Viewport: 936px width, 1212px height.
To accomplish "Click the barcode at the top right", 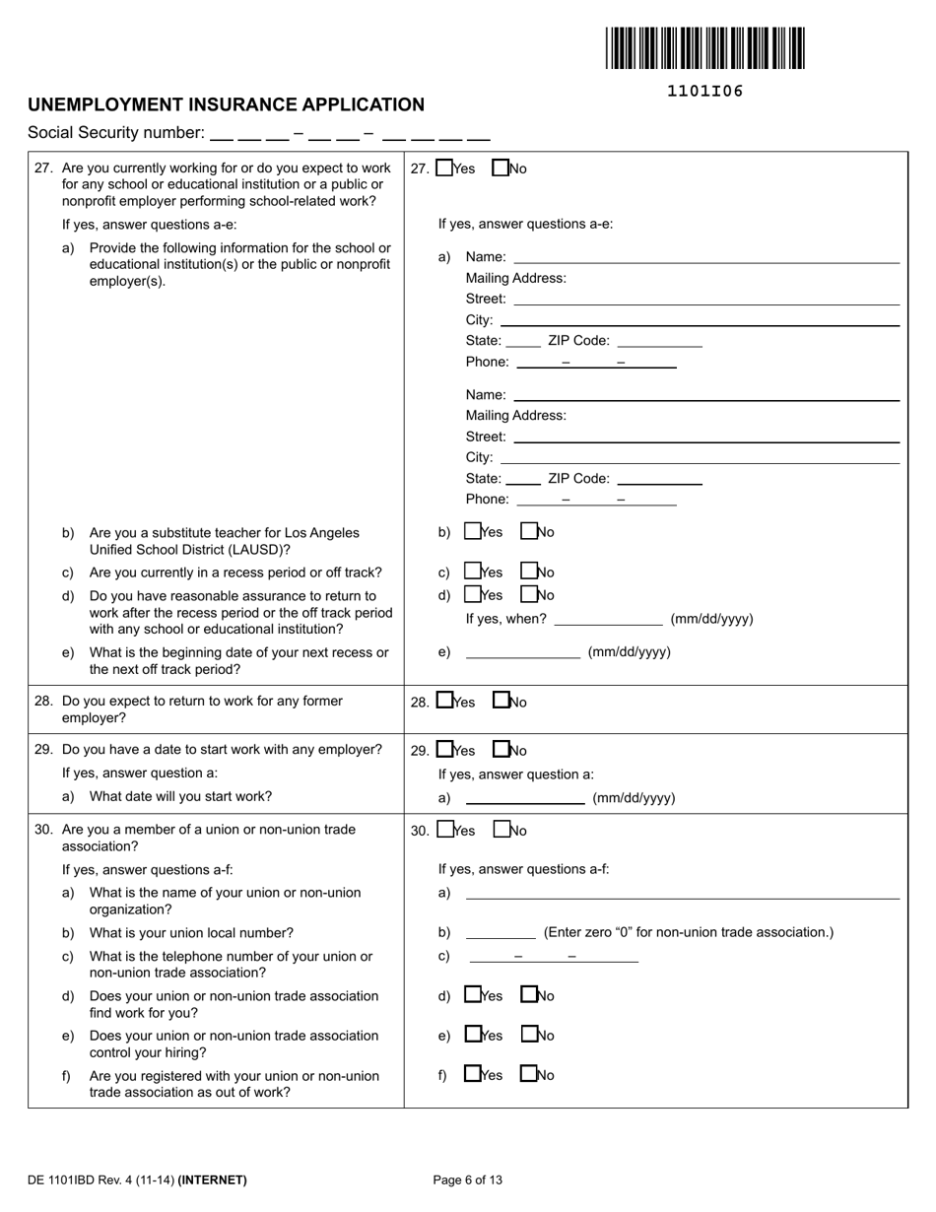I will pyautogui.click(x=704, y=48).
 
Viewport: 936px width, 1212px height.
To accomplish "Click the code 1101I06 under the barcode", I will pyautogui.click(x=704, y=92).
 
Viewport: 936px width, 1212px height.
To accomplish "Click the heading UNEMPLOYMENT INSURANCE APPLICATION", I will pyautogui.click(x=226, y=104).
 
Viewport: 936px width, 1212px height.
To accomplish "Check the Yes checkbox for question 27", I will pyautogui.click(x=444, y=168).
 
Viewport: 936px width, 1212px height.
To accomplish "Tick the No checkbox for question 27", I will pyautogui.click(x=501, y=168).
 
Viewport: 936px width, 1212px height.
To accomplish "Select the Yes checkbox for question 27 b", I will pyautogui.click(x=472, y=532).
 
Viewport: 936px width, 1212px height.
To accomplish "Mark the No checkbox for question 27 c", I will pyautogui.click(x=529, y=572).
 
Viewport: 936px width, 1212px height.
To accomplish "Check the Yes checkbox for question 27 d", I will pyautogui.click(x=472, y=595).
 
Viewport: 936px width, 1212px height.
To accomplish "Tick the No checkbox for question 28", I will pyautogui.click(x=501, y=702).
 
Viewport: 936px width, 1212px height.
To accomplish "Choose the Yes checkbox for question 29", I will pyautogui.click(x=444, y=750).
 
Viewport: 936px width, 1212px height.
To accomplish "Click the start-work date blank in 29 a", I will pyautogui.click(x=525, y=798).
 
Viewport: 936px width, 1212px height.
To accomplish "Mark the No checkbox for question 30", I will pyautogui.click(x=501, y=831).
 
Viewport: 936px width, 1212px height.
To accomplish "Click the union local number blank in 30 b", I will pyautogui.click(x=501, y=932).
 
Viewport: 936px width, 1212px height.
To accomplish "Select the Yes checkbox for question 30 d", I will pyautogui.click(x=472, y=995).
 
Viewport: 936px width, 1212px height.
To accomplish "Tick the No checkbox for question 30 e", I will pyautogui.click(x=529, y=1035).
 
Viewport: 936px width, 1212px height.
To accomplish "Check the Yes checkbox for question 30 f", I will pyautogui.click(x=472, y=1074).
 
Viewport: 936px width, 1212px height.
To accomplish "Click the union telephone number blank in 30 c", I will pyautogui.click(x=554, y=957).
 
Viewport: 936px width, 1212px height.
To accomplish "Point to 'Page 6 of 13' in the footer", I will pyautogui.click(x=468, y=1179).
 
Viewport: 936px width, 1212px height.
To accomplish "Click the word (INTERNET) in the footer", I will pyautogui.click(x=213, y=1179).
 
